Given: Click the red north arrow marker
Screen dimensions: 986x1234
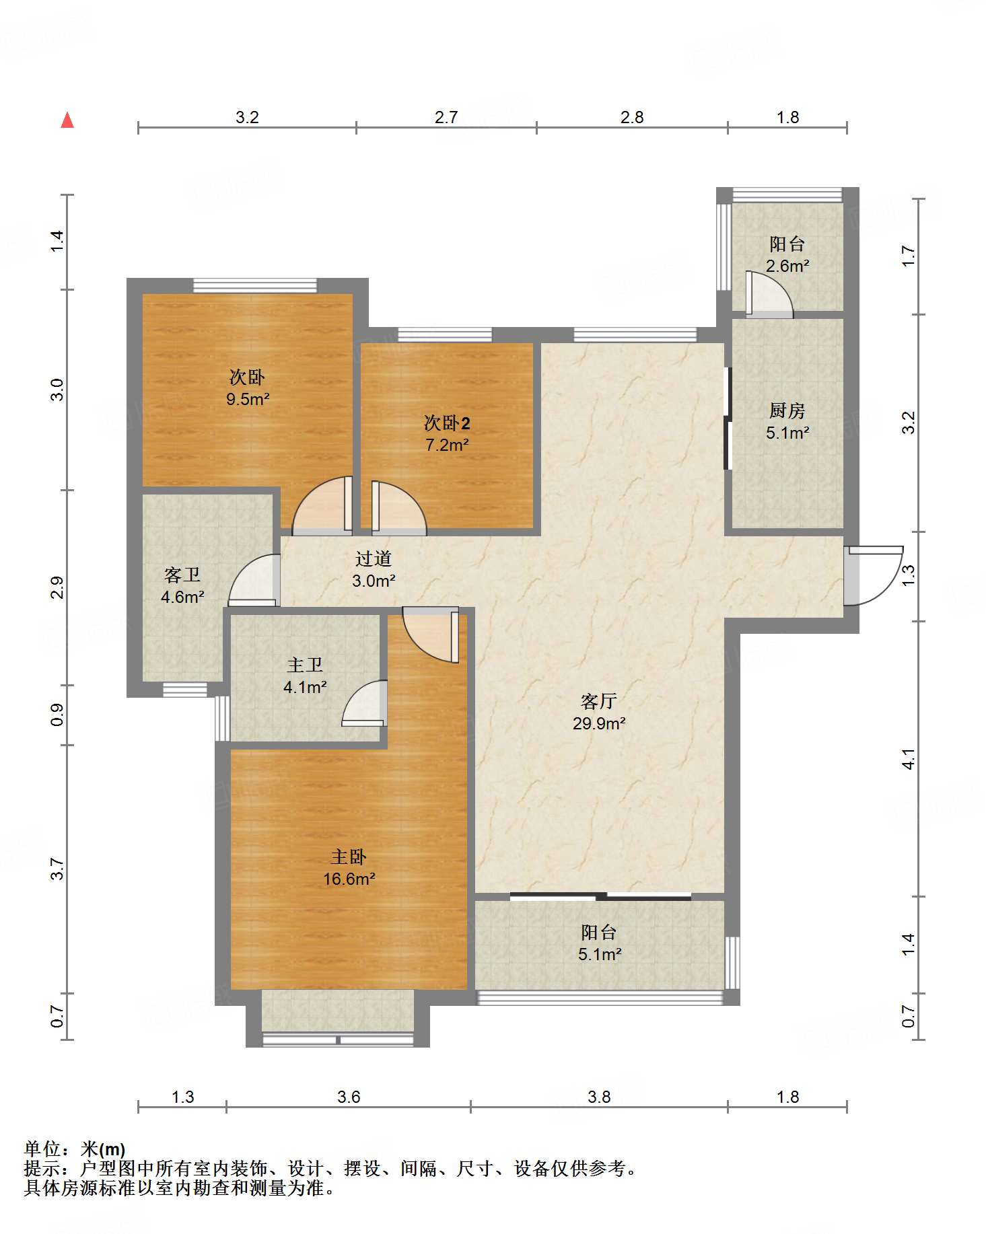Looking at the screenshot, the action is point(67,120).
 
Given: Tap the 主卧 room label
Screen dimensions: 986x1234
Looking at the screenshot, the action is point(348,857).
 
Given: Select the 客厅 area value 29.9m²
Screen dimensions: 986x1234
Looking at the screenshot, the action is point(599,723).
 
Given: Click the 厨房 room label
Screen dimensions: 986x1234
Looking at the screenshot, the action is point(787,410).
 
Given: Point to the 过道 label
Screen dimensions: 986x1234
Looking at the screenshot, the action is point(374,558).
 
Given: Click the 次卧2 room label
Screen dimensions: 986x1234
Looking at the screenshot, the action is point(447,423).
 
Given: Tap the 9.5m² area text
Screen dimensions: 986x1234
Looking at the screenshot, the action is point(248,399).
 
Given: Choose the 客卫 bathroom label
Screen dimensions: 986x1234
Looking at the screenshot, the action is point(182,575).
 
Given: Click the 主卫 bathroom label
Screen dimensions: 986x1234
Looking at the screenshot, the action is point(305,665).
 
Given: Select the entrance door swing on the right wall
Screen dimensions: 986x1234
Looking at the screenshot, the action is point(874,575).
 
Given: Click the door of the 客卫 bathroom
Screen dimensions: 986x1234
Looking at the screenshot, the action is point(254,580).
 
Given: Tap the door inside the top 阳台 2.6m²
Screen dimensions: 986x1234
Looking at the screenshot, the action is point(769,294).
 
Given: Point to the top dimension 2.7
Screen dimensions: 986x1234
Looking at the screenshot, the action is point(446,117).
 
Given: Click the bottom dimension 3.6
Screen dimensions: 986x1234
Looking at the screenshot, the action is point(349,1097).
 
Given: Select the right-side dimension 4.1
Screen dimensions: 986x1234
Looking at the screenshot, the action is point(909,760).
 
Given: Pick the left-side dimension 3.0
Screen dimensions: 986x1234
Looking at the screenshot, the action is point(58,390).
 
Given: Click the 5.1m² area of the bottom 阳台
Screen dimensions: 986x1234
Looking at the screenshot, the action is point(599,954).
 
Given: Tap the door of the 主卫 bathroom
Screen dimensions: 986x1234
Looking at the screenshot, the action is point(364,704).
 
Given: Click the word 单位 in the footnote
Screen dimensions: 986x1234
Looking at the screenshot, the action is point(42,1149).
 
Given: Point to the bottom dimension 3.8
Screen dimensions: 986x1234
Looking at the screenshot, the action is point(599,1097).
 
